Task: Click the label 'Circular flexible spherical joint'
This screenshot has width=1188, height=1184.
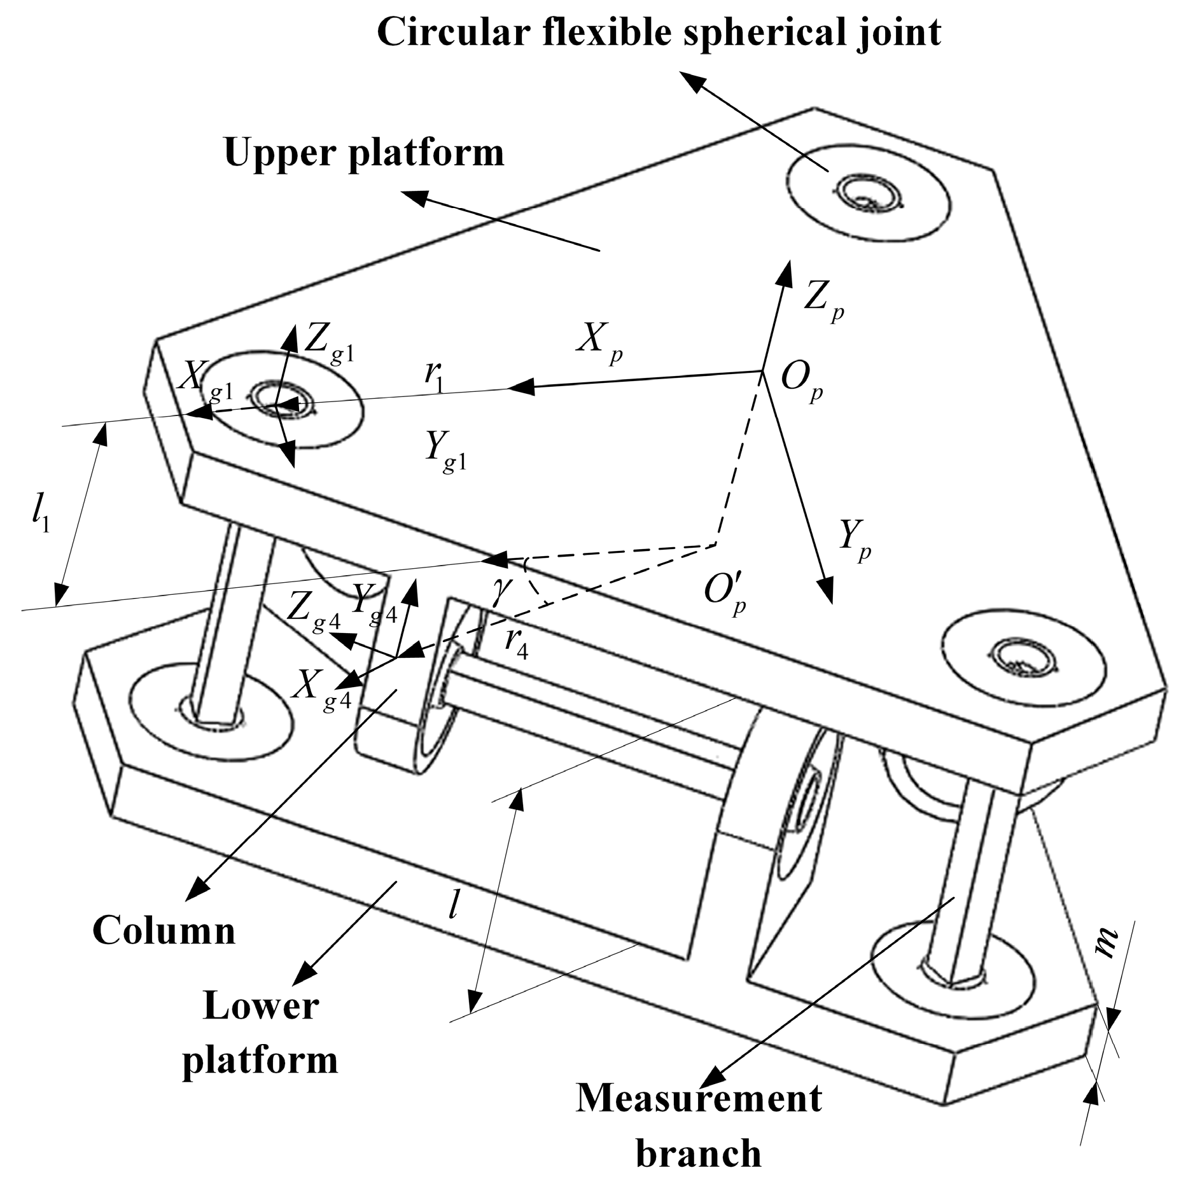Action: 659,33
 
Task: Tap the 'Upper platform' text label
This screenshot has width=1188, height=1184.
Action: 364,153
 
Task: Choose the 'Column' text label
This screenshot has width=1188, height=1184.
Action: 164,931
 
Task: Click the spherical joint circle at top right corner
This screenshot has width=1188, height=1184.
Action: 869,192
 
